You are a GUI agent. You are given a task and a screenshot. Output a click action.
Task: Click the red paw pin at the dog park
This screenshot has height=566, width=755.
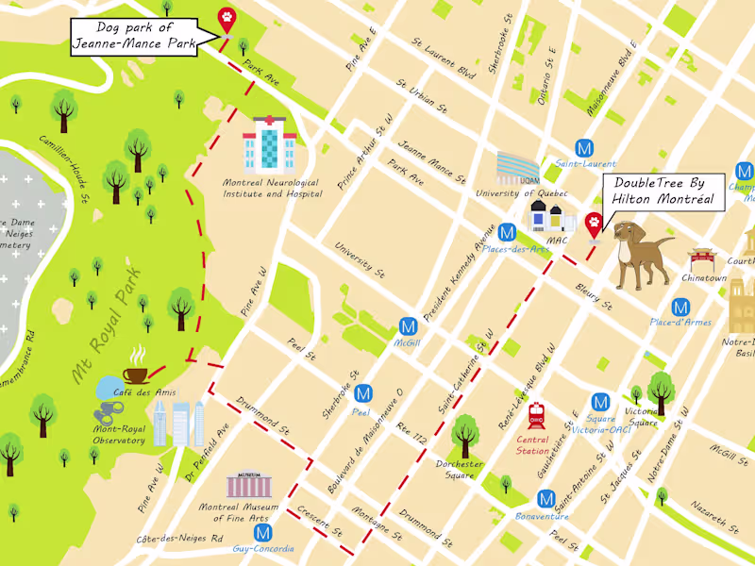click(x=226, y=18)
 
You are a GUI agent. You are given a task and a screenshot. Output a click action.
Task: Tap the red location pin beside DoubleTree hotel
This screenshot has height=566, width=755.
click(x=594, y=225)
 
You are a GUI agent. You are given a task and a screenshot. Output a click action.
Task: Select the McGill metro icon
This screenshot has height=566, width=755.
click(x=409, y=325)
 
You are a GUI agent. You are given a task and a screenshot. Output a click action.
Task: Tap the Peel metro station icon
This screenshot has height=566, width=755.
click(x=362, y=393)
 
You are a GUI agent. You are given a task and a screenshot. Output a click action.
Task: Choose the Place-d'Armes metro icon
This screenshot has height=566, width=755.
click(x=679, y=307)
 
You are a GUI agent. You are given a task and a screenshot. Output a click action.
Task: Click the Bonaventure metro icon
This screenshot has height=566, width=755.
click(x=545, y=499)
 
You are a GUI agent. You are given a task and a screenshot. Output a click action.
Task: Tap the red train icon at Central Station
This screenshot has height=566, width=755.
click(x=537, y=415)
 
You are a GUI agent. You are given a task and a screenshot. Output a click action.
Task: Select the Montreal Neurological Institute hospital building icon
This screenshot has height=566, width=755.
click(x=269, y=144)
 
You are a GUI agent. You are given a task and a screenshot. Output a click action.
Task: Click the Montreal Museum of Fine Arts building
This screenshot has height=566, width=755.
click(x=248, y=485)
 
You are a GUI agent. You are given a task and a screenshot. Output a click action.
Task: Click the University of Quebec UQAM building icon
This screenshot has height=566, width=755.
click(x=519, y=170)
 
